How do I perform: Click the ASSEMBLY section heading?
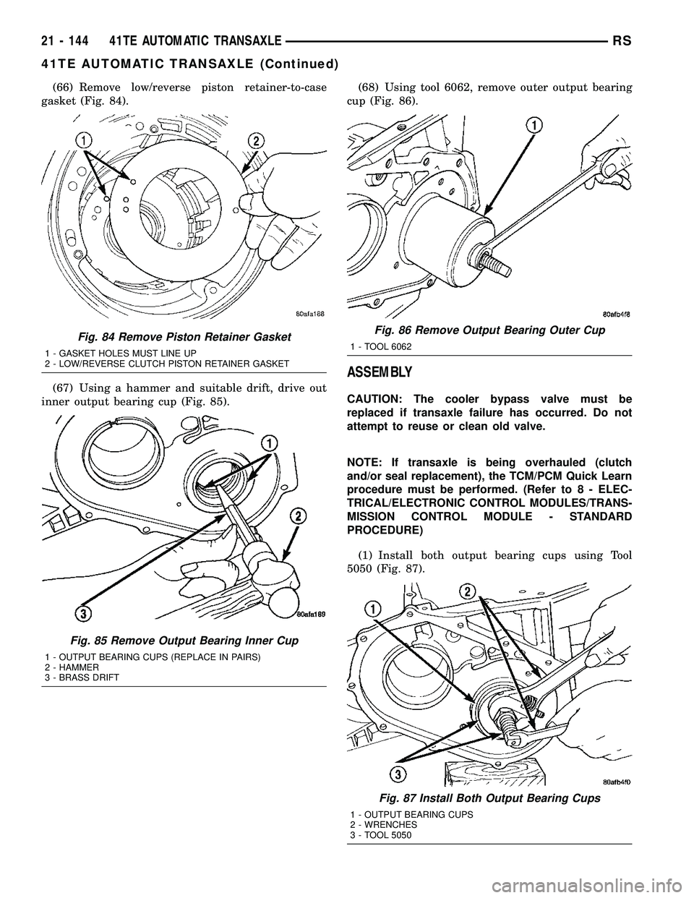coord(381,373)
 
